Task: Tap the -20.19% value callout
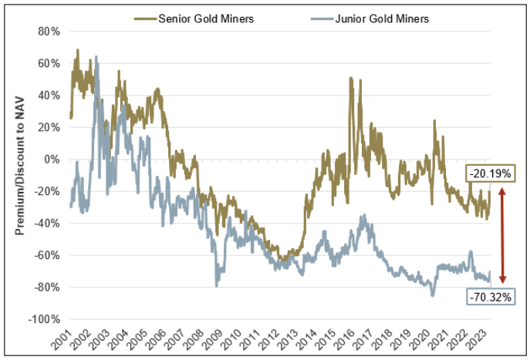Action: [x=489, y=174]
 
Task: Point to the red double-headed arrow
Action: [x=502, y=236]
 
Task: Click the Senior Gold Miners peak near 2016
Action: [x=351, y=78]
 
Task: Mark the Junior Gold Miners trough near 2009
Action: [x=216, y=286]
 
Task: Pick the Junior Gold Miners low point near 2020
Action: [x=433, y=295]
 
